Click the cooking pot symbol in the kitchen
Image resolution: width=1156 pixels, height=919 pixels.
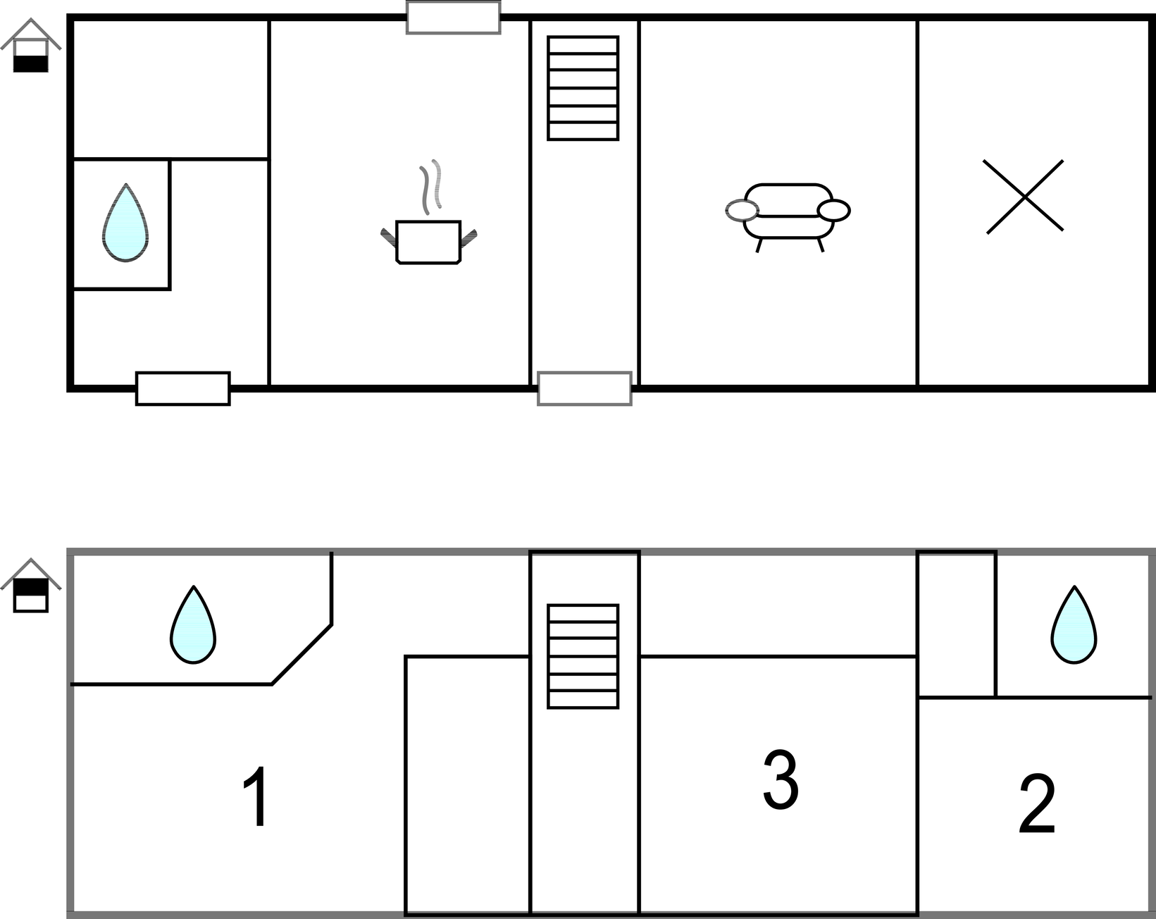coord(429,242)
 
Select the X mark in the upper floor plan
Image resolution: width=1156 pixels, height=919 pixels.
coord(1024,197)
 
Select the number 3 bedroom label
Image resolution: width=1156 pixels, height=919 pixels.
coord(781,779)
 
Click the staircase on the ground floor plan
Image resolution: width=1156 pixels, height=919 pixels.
coord(583,88)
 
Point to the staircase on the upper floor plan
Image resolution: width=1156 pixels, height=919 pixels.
coord(583,657)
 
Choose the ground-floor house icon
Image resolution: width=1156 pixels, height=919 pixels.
coord(30,45)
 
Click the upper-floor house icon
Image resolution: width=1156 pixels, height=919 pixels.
coord(30,585)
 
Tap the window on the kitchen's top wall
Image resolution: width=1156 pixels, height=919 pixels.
coord(454,17)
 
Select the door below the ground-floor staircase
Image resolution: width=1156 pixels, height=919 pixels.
coord(585,388)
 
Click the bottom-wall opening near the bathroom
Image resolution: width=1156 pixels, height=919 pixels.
coord(182,388)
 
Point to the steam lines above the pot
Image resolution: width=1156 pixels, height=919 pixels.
coord(431,187)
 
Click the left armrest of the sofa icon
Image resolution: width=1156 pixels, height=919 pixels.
coord(742,210)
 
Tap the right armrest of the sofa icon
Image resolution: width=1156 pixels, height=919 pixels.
coord(833,210)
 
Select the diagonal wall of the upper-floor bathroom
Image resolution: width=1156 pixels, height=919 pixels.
coord(302,655)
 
